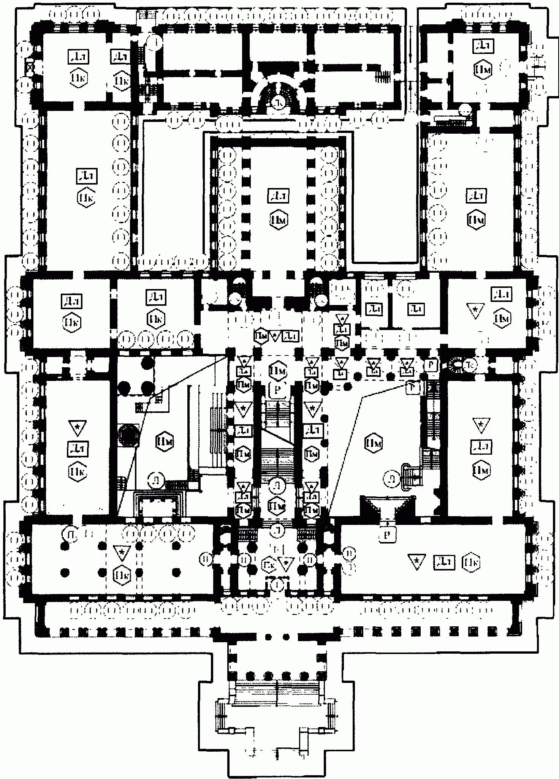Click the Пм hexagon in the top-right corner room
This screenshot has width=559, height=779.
(x=481, y=70)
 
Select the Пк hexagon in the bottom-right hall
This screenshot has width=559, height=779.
(x=470, y=562)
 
